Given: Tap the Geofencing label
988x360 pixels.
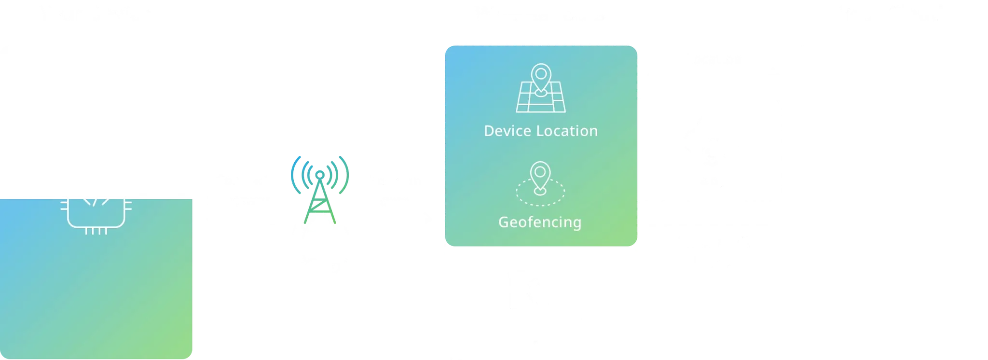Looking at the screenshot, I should [x=540, y=222].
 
